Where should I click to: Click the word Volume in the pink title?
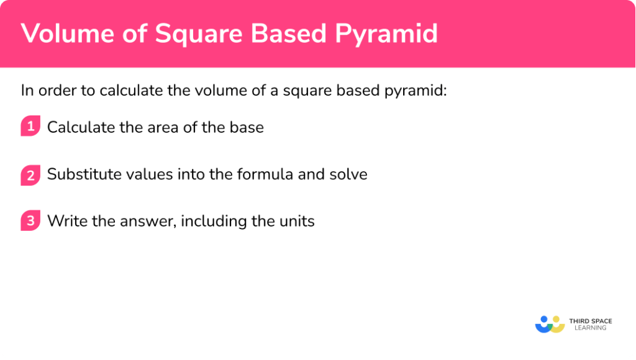[x=61, y=34]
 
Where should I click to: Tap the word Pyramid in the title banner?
[x=387, y=34]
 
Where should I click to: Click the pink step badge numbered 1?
[x=30, y=127]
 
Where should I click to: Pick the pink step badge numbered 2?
[x=30, y=174]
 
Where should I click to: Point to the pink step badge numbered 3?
[x=30, y=220]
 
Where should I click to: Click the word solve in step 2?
[x=350, y=174]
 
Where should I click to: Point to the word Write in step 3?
[x=64, y=221]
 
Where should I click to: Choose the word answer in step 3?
[x=150, y=222]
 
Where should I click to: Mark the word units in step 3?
[x=297, y=221]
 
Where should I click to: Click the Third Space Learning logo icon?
[x=550, y=324]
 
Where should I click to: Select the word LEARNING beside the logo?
[x=590, y=328]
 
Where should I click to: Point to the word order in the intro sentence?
[x=55, y=91]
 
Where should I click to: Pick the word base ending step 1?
[x=247, y=127]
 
